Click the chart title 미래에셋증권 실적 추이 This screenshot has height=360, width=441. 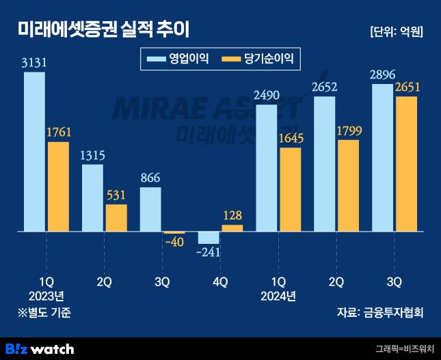[x=103, y=30]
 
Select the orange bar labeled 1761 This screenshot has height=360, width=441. [x=58, y=186]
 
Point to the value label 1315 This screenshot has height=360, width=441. [x=92, y=155]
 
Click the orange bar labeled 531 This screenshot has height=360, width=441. [x=116, y=218]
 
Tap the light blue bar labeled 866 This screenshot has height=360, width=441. [x=150, y=209]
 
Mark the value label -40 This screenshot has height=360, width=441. [x=174, y=243]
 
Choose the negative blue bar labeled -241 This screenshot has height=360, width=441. [x=209, y=238]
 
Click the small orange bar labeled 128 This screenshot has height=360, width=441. [x=232, y=228]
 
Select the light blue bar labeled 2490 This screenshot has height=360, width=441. [x=267, y=168]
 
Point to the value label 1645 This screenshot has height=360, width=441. [x=291, y=139]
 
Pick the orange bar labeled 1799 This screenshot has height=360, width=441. [x=349, y=186]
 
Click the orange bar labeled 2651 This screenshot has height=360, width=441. [x=407, y=164]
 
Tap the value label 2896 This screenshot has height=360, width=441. [x=383, y=90]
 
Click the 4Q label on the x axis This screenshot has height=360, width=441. [x=220, y=281]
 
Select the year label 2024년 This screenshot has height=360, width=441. [x=278, y=296]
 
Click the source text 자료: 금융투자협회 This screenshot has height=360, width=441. [x=380, y=313]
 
